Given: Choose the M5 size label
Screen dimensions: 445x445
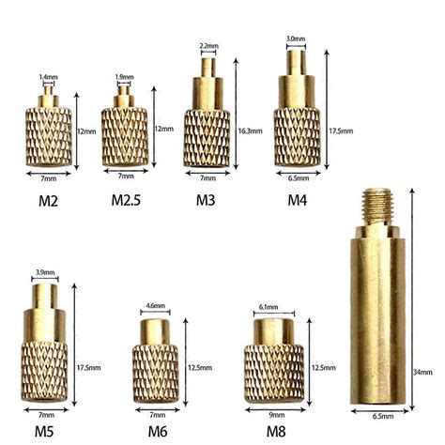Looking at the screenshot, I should (45, 431).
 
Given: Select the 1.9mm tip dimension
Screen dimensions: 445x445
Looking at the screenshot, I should (123, 77).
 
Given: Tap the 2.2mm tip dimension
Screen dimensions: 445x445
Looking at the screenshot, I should (208, 45).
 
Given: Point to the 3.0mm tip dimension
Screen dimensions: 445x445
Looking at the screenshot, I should (295, 38).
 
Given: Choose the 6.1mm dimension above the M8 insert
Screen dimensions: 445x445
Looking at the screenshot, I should (267, 306).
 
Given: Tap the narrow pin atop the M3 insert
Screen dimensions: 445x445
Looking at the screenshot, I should (208, 70).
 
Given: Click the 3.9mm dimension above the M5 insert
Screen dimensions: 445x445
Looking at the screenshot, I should (45, 272).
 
